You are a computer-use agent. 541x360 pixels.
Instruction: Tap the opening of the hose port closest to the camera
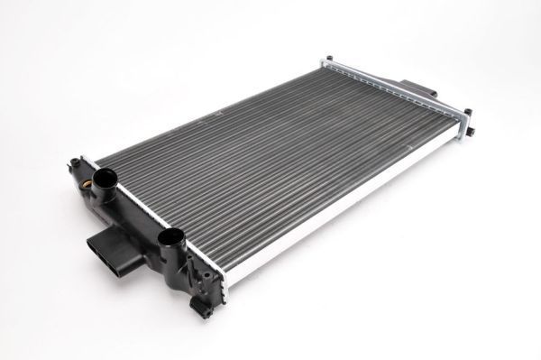pos(171,237)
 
